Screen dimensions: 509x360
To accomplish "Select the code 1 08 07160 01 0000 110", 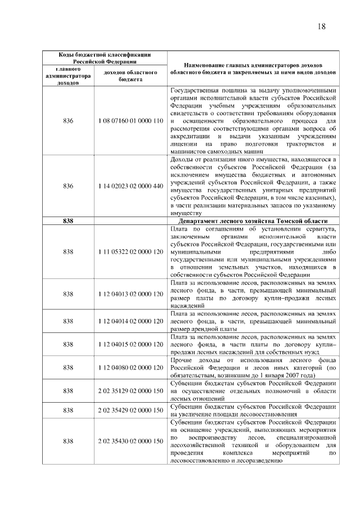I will (130, 121).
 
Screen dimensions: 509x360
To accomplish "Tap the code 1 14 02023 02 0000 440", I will (130, 186).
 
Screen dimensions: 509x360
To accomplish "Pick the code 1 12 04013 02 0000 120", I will (130, 294).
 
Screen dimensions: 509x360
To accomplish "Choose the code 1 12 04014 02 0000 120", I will (130, 321).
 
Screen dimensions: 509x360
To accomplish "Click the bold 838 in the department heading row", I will (68, 221).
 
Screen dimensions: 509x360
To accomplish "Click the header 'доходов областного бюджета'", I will (130, 76).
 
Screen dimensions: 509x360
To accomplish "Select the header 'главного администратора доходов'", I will (68, 76).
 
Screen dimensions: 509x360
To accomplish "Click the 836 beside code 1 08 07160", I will (68, 121).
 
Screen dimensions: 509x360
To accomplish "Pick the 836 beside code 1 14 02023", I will (68, 186).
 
